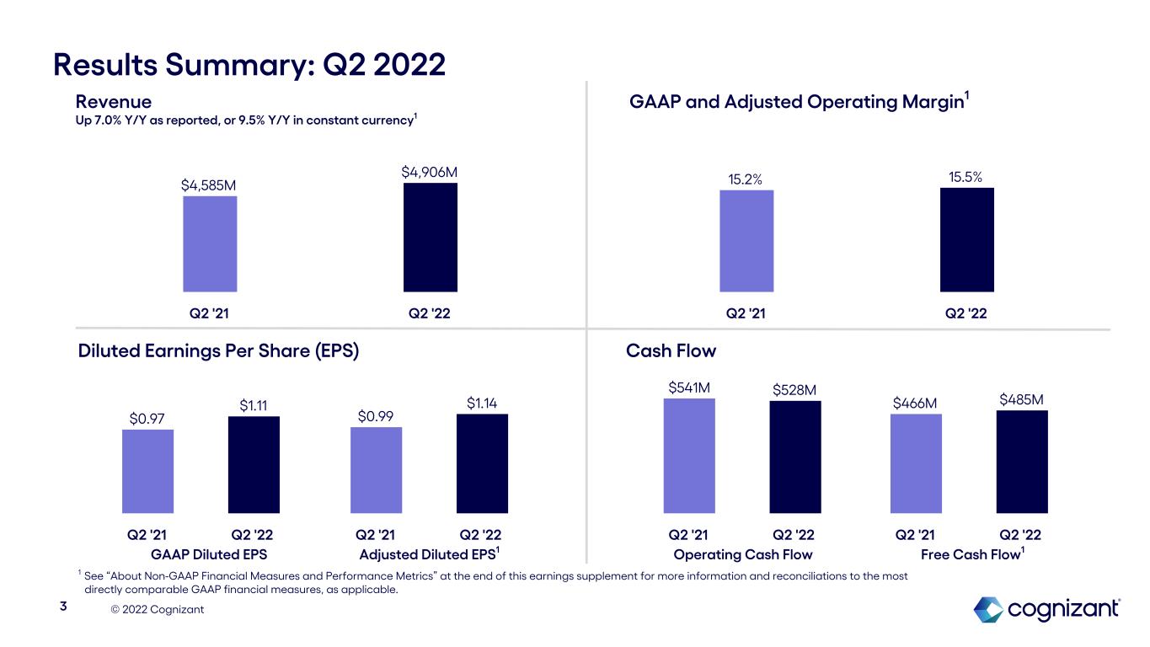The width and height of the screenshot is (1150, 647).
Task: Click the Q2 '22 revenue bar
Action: tap(431, 238)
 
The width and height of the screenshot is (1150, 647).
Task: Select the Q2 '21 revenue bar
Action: tap(210, 244)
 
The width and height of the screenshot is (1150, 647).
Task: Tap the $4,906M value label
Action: tap(430, 172)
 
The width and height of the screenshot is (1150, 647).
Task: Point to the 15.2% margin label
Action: tap(746, 179)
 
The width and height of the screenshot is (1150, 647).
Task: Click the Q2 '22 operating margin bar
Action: tap(966, 240)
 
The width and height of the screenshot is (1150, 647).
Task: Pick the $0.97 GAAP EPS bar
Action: tap(147, 471)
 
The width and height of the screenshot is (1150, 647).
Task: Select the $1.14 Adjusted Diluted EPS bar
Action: tap(482, 463)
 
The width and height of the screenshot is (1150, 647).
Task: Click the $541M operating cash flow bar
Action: tap(689, 456)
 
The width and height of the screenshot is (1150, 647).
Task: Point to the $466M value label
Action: tap(915, 404)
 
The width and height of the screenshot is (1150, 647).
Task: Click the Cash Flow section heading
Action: tap(671, 350)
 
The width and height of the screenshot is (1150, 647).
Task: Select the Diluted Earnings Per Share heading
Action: tap(218, 350)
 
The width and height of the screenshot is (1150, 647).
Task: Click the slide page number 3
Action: tap(62, 607)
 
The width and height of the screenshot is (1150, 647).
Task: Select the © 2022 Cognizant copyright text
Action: tap(158, 609)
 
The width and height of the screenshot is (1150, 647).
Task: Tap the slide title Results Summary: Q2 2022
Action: tap(249, 64)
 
